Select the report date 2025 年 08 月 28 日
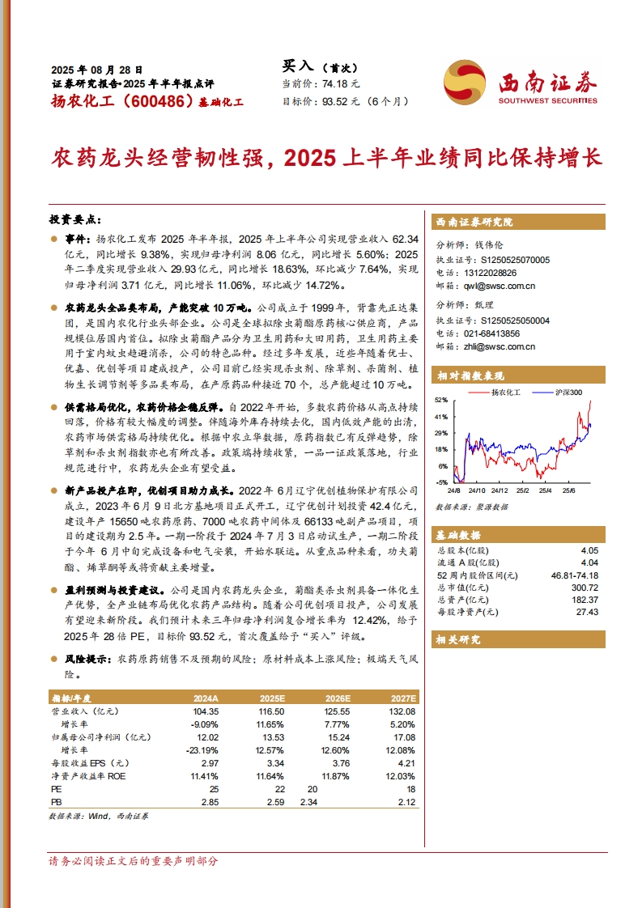coord(96,70)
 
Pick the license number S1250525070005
coord(516,260)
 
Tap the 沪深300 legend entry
coord(568,392)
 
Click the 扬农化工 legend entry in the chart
coord(507,392)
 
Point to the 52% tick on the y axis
coord(441,401)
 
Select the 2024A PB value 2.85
coord(208,802)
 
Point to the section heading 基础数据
coord(458,535)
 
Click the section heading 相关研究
coord(458,639)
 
